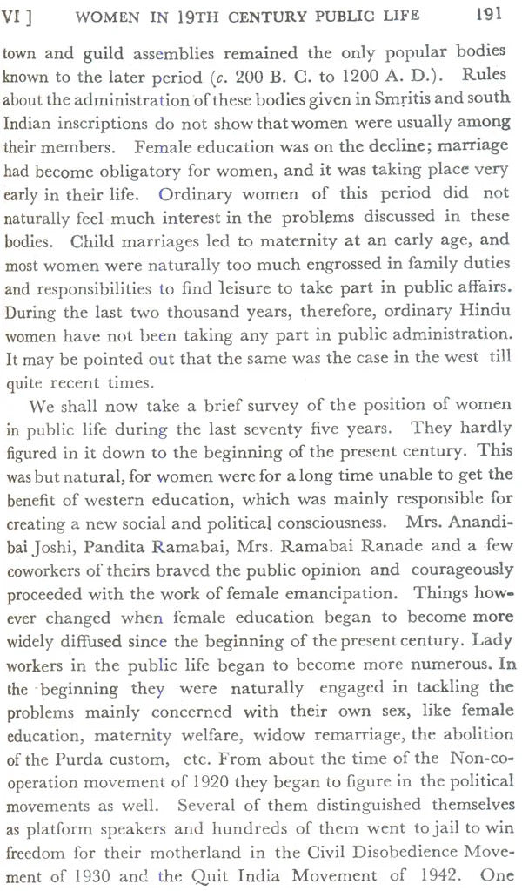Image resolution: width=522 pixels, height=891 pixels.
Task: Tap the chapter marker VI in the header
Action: [x=15, y=15]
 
